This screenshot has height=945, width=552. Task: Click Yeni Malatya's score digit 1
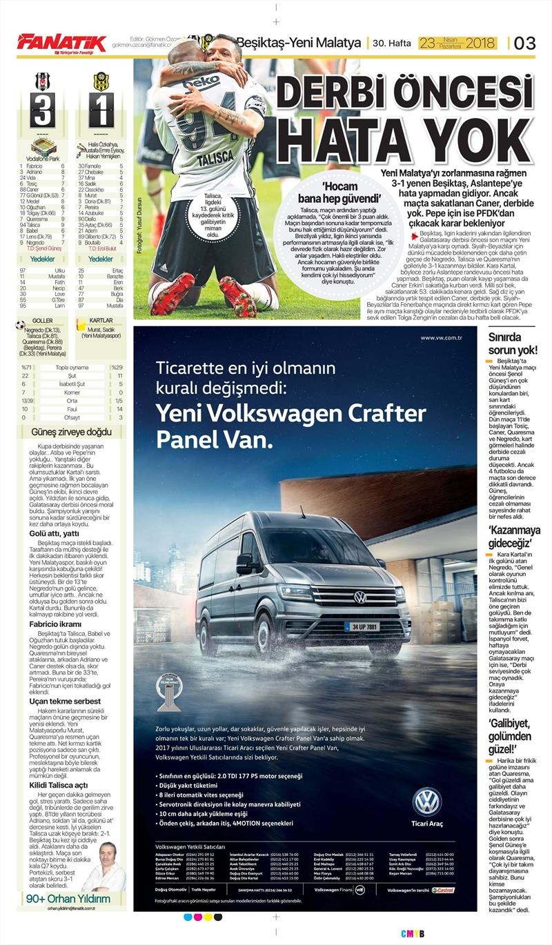(101, 110)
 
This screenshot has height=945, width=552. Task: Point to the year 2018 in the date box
(480, 43)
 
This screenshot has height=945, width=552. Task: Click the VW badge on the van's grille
(359, 597)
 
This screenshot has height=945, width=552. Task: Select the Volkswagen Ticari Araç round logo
(426, 802)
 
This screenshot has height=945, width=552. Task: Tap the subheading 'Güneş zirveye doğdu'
(71, 432)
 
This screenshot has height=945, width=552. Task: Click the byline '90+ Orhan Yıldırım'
(68, 898)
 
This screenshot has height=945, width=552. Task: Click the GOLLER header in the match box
(43, 321)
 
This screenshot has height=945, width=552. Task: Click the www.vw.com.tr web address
(440, 337)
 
